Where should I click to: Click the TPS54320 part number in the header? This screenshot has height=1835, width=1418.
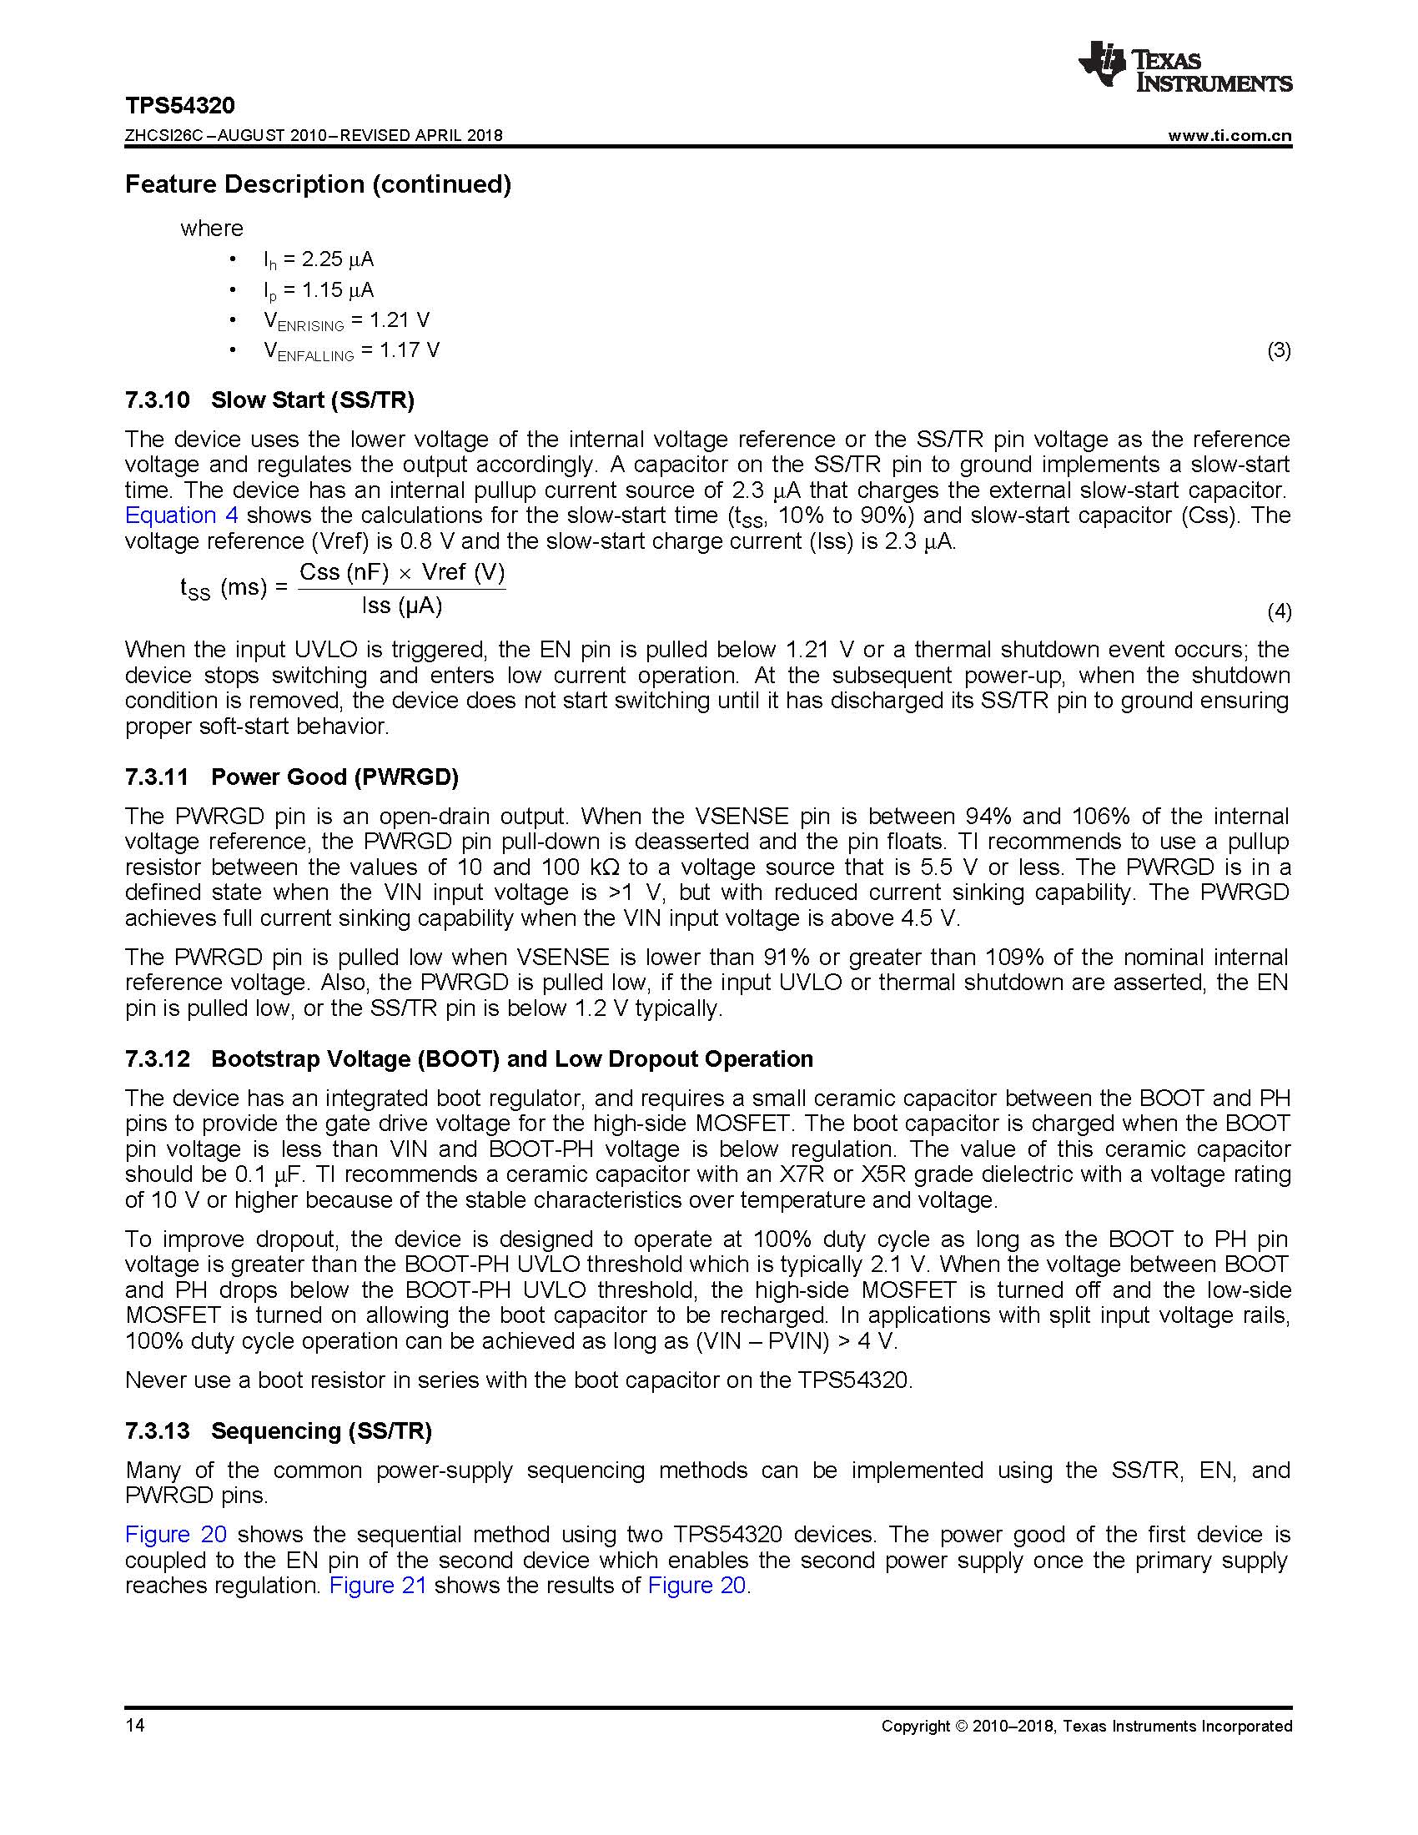click(x=180, y=106)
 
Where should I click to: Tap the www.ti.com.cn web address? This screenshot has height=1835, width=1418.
click(x=1229, y=136)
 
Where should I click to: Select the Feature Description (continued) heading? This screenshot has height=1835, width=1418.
click(x=318, y=185)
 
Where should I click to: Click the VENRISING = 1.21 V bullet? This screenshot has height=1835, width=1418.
click(x=346, y=321)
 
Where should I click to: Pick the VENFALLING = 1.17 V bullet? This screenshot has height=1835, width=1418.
click(x=351, y=351)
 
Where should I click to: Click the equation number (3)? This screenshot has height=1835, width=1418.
click(x=1279, y=350)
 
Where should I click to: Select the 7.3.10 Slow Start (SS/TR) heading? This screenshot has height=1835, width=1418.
click(x=269, y=400)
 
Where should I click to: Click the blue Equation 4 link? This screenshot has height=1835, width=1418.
click(x=182, y=515)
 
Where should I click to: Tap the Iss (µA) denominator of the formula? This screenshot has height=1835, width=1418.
click(x=401, y=606)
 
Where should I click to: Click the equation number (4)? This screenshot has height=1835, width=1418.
click(x=1279, y=611)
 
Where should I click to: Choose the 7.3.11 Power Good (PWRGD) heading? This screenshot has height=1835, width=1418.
click(x=291, y=777)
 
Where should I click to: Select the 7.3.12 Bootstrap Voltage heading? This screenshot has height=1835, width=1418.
click(x=469, y=1059)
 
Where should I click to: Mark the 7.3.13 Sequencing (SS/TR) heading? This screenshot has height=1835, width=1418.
click(x=278, y=1430)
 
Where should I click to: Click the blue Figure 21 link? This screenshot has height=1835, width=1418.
click(x=378, y=1586)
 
